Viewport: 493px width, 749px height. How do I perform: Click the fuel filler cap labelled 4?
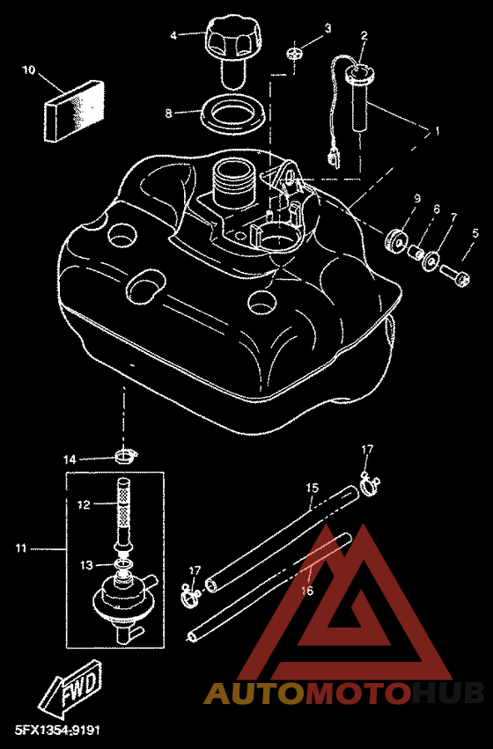(233, 49)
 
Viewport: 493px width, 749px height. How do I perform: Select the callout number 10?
(29, 70)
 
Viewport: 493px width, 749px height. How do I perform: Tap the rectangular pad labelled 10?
(73, 110)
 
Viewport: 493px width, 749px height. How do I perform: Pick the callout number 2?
(364, 35)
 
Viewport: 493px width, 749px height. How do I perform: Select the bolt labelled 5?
(454, 275)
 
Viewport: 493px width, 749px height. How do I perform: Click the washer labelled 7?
(431, 260)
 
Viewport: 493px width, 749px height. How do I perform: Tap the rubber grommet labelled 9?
(396, 239)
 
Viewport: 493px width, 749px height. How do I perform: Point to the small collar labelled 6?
(416, 251)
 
